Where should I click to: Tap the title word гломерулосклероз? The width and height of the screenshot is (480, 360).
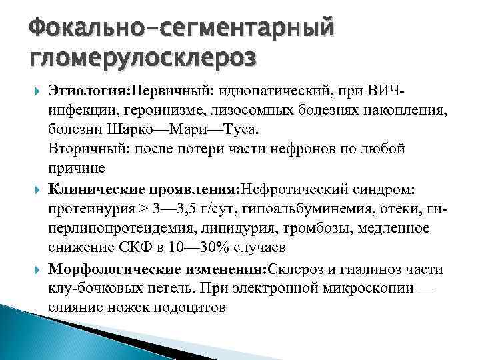pyautogui.click(x=142, y=61)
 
